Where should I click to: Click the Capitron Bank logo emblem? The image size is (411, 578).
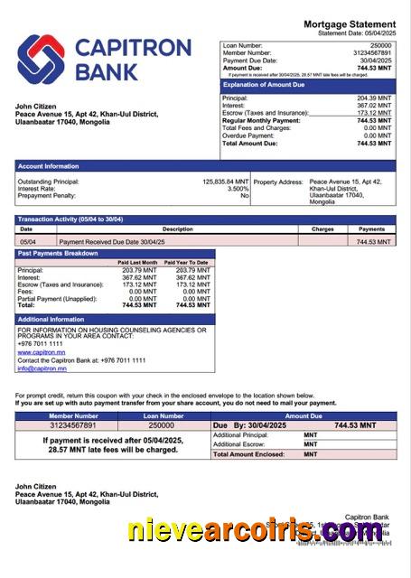tap(41, 57)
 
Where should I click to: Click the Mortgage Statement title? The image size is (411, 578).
tap(349, 23)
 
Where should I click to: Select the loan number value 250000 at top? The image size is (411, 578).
tap(380, 45)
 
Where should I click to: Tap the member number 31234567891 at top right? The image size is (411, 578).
tap(371, 53)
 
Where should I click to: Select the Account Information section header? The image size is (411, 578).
tap(48, 166)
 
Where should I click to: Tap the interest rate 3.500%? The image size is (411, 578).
tap(238, 189)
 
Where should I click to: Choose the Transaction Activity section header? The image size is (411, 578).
tap(70, 219)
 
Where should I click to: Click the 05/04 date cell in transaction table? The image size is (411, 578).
tap(27, 242)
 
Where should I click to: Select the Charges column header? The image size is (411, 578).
tap(322, 229)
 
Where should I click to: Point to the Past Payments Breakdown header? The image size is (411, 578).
tap(58, 254)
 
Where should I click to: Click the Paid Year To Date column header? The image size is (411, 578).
tap(188, 262)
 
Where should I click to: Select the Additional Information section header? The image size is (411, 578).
tap(51, 320)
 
